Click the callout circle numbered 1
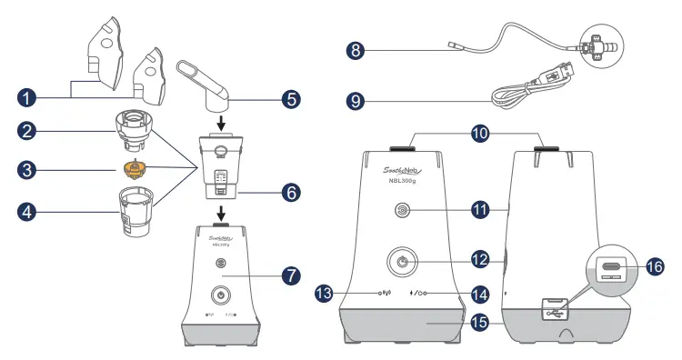[x=31, y=95]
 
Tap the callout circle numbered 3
[x=31, y=169]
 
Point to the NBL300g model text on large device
[x=402, y=179]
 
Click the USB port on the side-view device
[x=554, y=309]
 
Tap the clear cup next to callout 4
[x=135, y=215]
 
